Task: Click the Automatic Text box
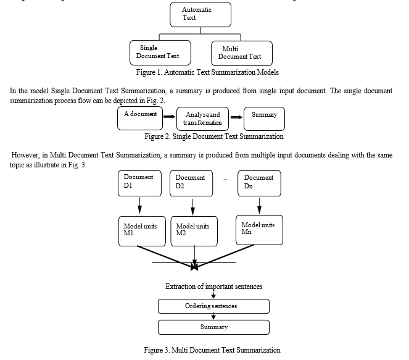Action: (x=200, y=15)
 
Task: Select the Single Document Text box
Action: (x=160, y=52)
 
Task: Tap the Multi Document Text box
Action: (x=242, y=53)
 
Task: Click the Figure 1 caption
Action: (x=207, y=72)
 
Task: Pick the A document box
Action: (x=140, y=119)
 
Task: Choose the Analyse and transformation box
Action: (x=203, y=119)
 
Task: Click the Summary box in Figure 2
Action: (x=264, y=119)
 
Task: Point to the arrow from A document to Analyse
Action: (x=170, y=117)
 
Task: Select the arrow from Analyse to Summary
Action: (x=237, y=117)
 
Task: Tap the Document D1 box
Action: (x=139, y=183)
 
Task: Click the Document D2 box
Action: (x=191, y=183)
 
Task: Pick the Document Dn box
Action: (x=259, y=183)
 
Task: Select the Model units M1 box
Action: (x=142, y=232)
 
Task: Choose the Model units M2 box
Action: (x=194, y=232)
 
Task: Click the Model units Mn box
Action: (x=259, y=230)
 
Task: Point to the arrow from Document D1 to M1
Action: (x=140, y=206)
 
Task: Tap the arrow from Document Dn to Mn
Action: (x=259, y=206)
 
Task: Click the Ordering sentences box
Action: (x=213, y=306)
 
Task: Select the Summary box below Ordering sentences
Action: (x=213, y=327)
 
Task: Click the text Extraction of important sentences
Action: (x=214, y=287)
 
